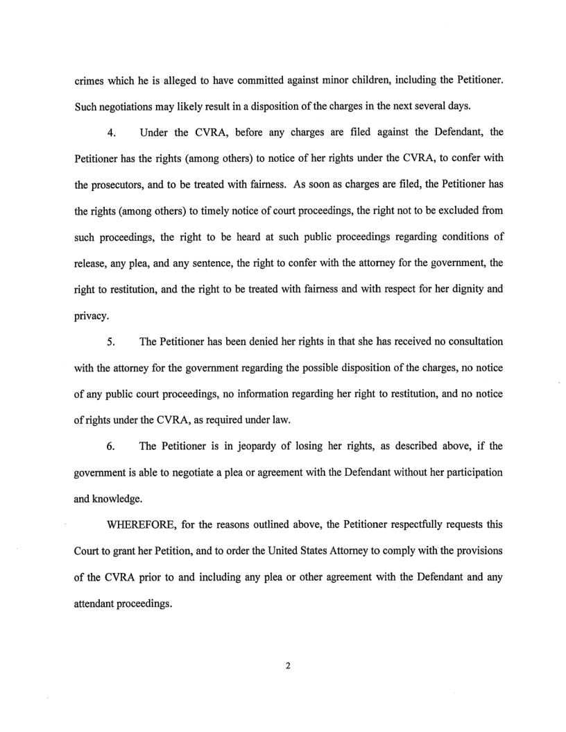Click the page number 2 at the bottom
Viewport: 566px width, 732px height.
[286, 665]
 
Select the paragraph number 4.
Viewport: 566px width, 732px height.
[112, 133]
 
